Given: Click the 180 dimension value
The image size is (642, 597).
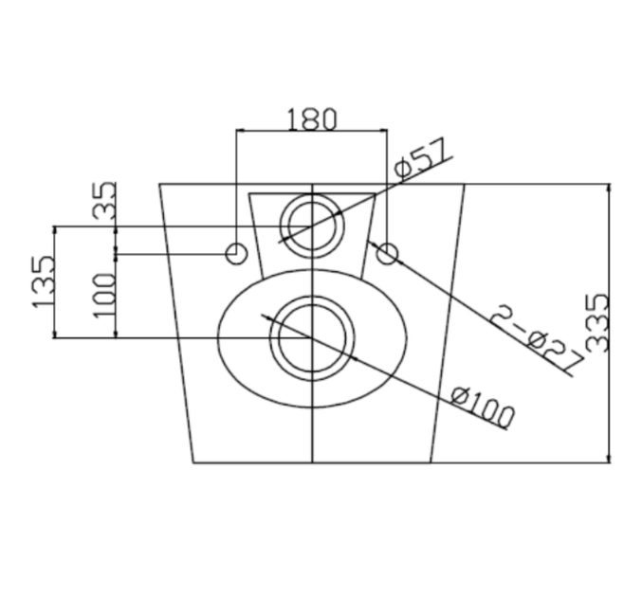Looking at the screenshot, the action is (x=312, y=119).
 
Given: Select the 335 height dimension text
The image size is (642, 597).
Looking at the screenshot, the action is (x=597, y=323).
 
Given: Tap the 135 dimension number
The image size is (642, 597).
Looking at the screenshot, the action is (x=43, y=282).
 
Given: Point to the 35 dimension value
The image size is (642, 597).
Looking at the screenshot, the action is (x=104, y=200).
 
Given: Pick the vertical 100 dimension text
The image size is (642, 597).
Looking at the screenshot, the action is (x=104, y=296).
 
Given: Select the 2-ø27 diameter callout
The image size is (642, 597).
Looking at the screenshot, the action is (x=537, y=338).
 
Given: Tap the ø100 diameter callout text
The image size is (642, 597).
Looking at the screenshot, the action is (x=483, y=407).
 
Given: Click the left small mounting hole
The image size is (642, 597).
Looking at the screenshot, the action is (x=236, y=254).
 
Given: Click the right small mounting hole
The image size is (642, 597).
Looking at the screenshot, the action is (x=387, y=254).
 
